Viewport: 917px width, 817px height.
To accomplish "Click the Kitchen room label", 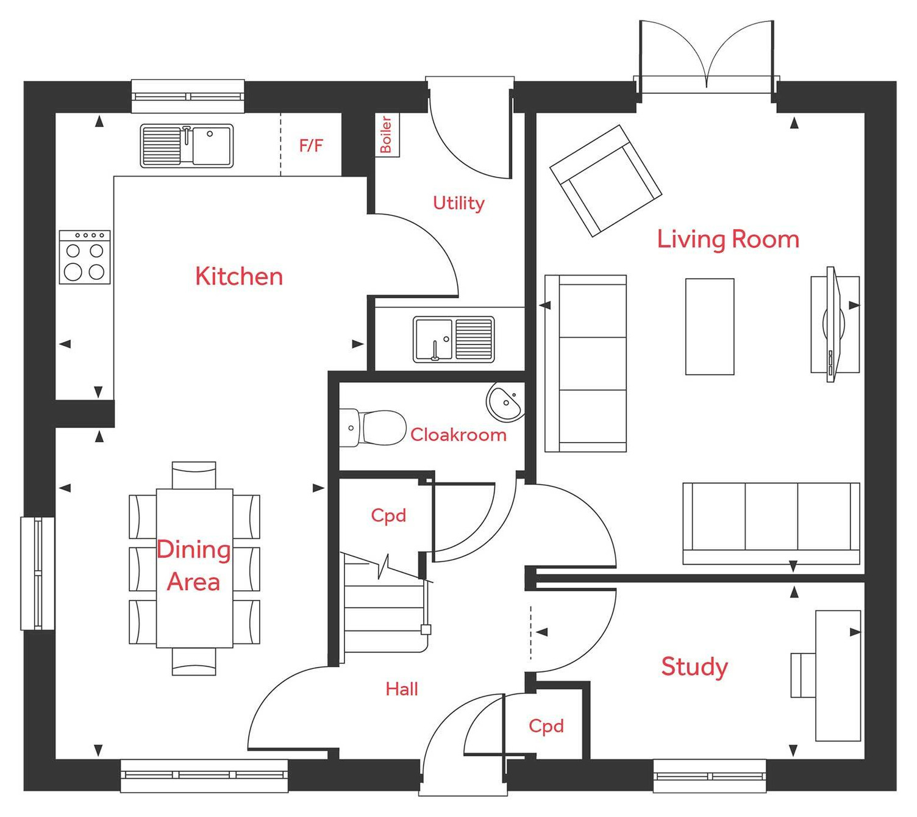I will coord(239,277).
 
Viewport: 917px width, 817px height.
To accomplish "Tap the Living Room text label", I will coord(728,239).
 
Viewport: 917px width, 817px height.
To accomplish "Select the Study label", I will coord(694,666).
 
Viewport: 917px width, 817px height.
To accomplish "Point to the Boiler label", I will coord(386,135).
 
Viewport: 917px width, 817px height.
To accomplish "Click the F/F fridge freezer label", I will coord(311,146).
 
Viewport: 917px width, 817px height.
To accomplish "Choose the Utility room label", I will coord(458,203).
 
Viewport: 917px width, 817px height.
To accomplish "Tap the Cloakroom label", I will coord(458,435).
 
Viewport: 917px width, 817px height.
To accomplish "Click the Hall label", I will coord(402,689).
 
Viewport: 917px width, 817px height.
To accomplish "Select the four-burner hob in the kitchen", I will coord(85,257).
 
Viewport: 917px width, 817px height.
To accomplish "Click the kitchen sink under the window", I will coord(187,146).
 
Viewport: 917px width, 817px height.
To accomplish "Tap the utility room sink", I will coord(454,340).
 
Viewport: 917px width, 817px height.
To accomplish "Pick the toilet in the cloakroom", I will coord(375,427).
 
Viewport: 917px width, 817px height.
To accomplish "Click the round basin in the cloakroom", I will coord(505,402).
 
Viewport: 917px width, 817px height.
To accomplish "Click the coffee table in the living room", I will coord(710,326).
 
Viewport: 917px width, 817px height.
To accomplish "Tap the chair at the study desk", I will coord(803,675).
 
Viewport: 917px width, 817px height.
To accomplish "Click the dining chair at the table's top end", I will coord(194,475).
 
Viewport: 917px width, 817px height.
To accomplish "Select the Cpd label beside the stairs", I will coord(388,516).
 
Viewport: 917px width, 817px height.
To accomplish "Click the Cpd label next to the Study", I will coord(546,726).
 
